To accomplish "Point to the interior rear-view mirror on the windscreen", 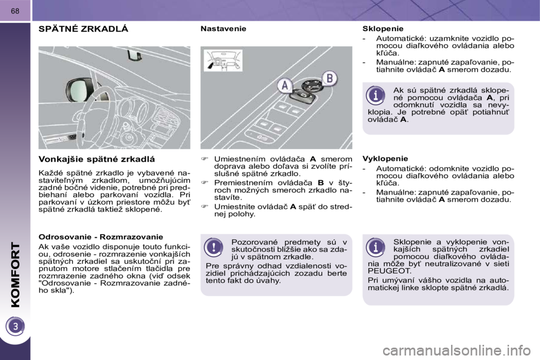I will click(x=134, y=55).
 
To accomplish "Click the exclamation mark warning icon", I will click(x=213, y=247).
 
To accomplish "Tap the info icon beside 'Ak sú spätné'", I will click(x=376, y=95).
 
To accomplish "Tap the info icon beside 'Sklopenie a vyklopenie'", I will click(x=376, y=247).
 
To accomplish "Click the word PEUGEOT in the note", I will click(x=384, y=270).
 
